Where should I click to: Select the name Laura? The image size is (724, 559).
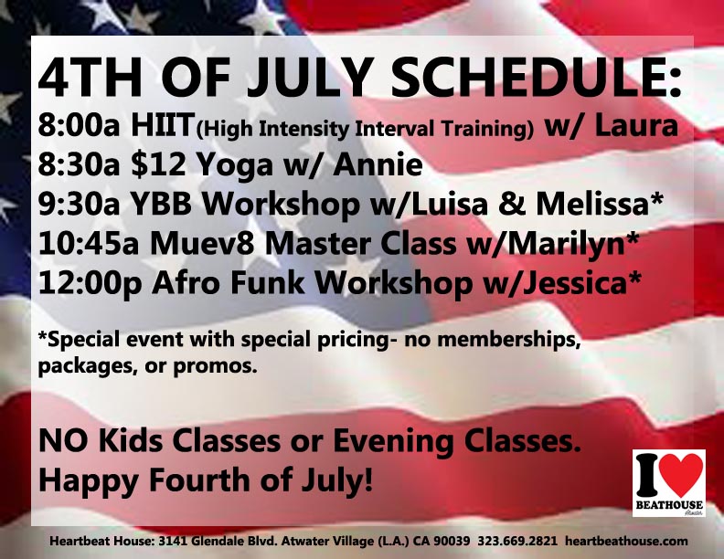636,125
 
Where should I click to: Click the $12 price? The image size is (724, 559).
158,164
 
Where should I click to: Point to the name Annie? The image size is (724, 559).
378,164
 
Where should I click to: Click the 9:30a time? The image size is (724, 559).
79,205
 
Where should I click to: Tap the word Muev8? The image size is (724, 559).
202,244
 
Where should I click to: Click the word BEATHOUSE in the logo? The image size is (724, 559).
669,505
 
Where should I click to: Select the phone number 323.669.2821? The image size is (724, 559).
517,540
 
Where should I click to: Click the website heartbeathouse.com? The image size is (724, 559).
626,540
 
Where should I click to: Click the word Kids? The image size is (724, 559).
130,440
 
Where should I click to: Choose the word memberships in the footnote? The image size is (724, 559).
508,340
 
